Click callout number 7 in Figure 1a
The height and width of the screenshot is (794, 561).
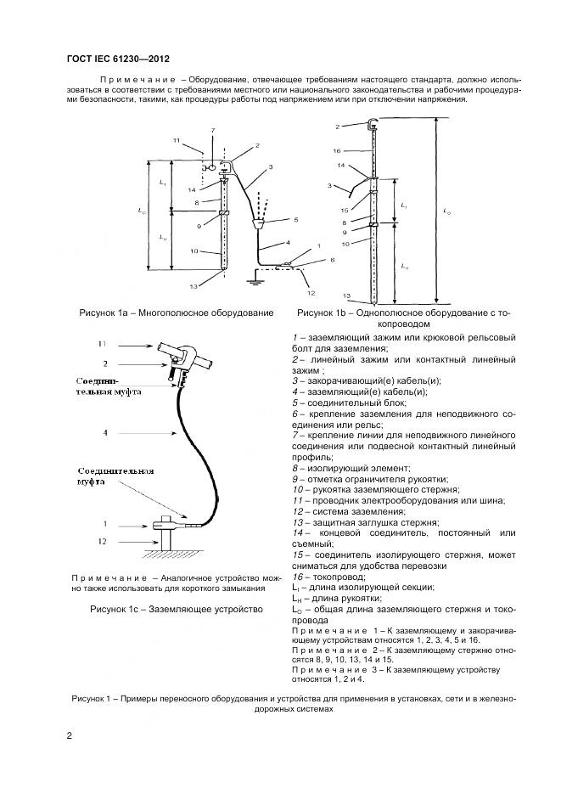213,130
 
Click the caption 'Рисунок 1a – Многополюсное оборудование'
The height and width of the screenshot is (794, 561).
176,313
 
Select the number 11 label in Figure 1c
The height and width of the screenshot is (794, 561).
101,344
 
